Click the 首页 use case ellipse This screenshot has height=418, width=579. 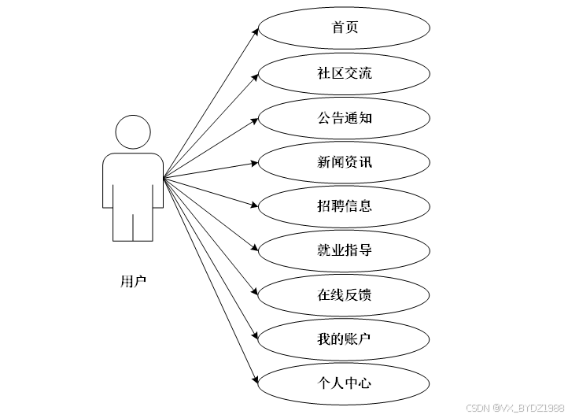pyautogui.click(x=344, y=28)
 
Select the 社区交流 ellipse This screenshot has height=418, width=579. pyautogui.click(x=344, y=73)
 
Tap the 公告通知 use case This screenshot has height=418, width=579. pyautogui.click(x=344, y=118)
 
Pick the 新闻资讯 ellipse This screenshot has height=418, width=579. pyautogui.click(x=344, y=162)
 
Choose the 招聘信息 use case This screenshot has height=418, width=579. pyautogui.click(x=344, y=206)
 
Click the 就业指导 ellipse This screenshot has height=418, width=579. pyautogui.click(x=344, y=250)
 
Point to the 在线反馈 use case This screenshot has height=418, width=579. pyautogui.click(x=344, y=295)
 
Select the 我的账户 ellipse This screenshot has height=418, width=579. pyautogui.click(x=344, y=339)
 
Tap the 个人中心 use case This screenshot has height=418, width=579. pyautogui.click(x=344, y=383)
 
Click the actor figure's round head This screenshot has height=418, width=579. pyautogui.click(x=132, y=131)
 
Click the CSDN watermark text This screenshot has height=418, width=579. pyautogui.click(x=514, y=408)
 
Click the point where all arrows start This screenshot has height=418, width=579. pyautogui.click(x=164, y=179)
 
